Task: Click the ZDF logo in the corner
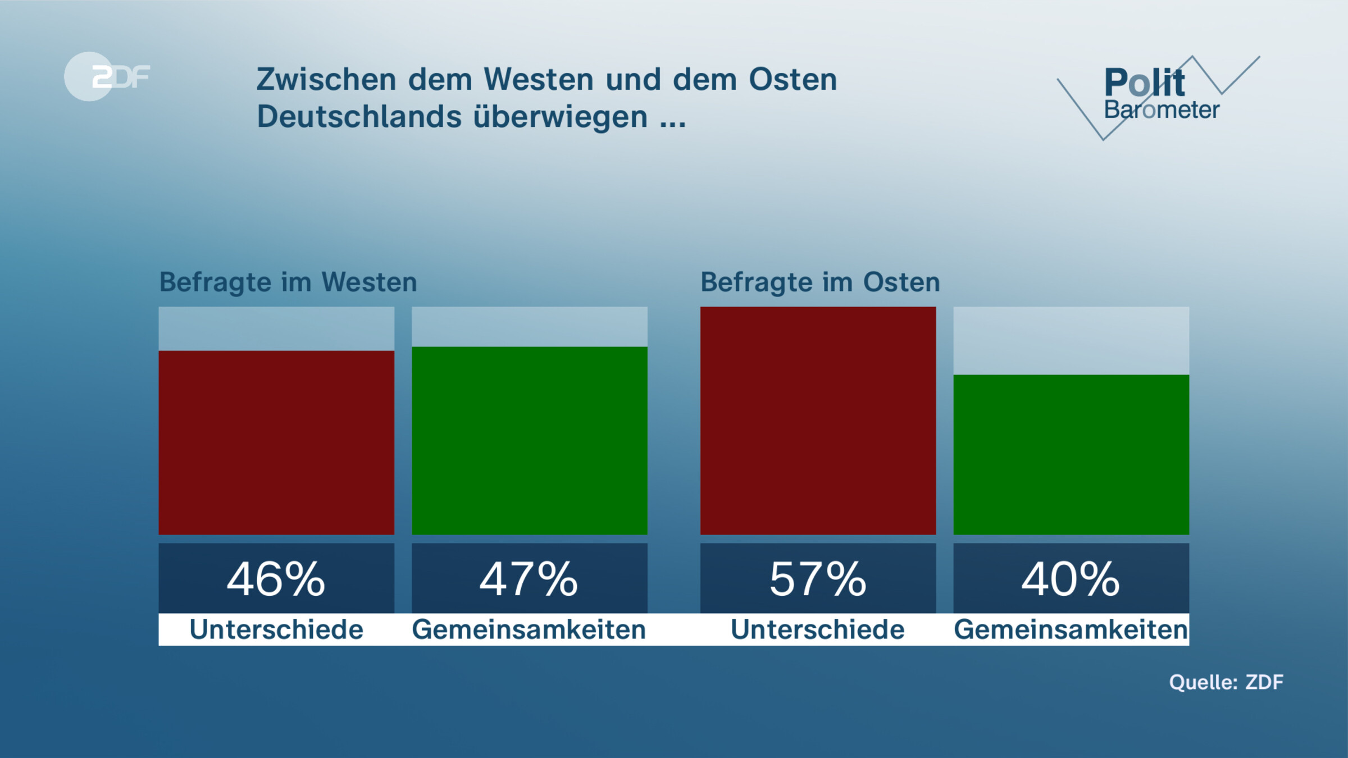click(107, 76)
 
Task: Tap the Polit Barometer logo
click(1157, 95)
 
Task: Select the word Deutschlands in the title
click(359, 117)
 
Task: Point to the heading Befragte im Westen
click(288, 282)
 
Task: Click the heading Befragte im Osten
click(820, 282)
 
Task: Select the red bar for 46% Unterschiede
click(276, 442)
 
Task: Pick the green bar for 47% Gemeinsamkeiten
click(530, 441)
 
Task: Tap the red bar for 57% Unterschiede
click(818, 421)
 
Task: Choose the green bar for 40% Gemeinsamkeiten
click(1071, 455)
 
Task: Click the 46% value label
click(276, 579)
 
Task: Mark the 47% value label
click(529, 579)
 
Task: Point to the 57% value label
click(818, 579)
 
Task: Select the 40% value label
click(1071, 579)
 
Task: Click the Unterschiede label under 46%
click(276, 629)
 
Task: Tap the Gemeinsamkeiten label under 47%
click(529, 629)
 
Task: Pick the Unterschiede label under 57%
click(818, 629)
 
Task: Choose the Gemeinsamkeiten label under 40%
click(1071, 629)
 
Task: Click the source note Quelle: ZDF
click(1226, 682)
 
